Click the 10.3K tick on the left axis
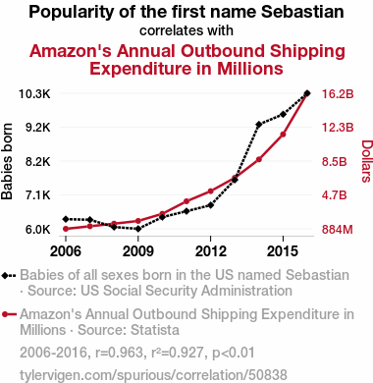34,94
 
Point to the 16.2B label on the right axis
338,94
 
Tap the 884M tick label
338,230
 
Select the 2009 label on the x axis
138,251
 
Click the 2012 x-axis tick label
211,251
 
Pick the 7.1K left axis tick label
38,195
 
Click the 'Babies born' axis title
7,161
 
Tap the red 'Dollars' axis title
367,161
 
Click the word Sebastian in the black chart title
302,12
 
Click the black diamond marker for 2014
259,125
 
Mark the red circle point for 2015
283,135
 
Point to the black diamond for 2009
138,229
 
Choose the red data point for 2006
66,229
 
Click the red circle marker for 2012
210,191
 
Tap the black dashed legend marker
9,276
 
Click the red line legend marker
9,314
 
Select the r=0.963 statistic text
119,353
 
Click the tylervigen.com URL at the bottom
153,375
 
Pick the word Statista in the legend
154,330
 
